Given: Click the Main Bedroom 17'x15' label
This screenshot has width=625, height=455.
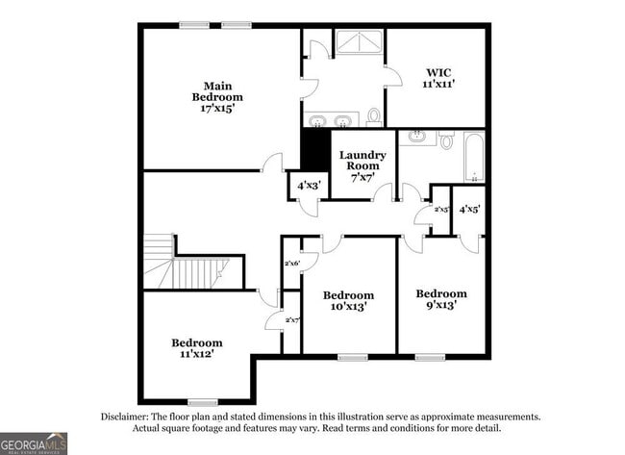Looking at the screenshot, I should pos(216,97).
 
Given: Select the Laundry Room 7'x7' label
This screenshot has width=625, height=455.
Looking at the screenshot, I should pos(362,165).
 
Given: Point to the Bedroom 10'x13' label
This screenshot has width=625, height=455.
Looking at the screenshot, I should pos(347,300).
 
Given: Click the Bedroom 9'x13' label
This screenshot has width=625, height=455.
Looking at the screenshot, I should pos(441,298).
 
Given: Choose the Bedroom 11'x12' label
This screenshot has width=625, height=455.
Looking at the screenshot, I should pos(197,348).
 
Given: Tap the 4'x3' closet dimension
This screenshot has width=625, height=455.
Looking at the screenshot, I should pos(309,185).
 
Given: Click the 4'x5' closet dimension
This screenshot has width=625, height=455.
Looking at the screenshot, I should pos(469,209).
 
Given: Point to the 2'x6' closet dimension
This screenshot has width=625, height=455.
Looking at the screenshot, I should pos(292,263).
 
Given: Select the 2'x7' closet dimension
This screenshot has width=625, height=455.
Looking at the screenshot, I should pos(292,319).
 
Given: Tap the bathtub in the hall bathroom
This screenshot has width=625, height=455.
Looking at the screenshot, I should pos(473,157).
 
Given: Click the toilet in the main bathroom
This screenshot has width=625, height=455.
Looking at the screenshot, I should pos(373,116).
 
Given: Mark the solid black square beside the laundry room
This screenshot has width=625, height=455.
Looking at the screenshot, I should pos(315,149).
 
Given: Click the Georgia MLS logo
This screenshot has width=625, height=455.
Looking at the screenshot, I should pos(35,442).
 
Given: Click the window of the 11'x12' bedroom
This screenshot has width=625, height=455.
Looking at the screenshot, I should pos(202,402).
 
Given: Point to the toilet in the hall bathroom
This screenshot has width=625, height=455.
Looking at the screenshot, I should pos(446,139).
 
